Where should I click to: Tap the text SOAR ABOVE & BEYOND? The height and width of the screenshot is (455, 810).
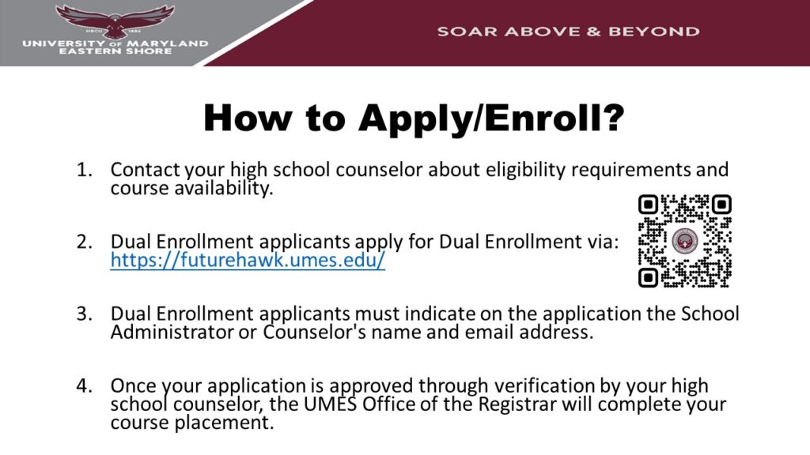(x=568, y=32)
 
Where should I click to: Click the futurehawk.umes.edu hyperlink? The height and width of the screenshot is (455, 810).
(x=248, y=260)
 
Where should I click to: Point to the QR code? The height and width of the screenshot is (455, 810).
(x=684, y=241)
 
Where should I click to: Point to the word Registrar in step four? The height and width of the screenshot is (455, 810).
(x=478, y=405)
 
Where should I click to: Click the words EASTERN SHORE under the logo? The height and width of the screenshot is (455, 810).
(x=115, y=51)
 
